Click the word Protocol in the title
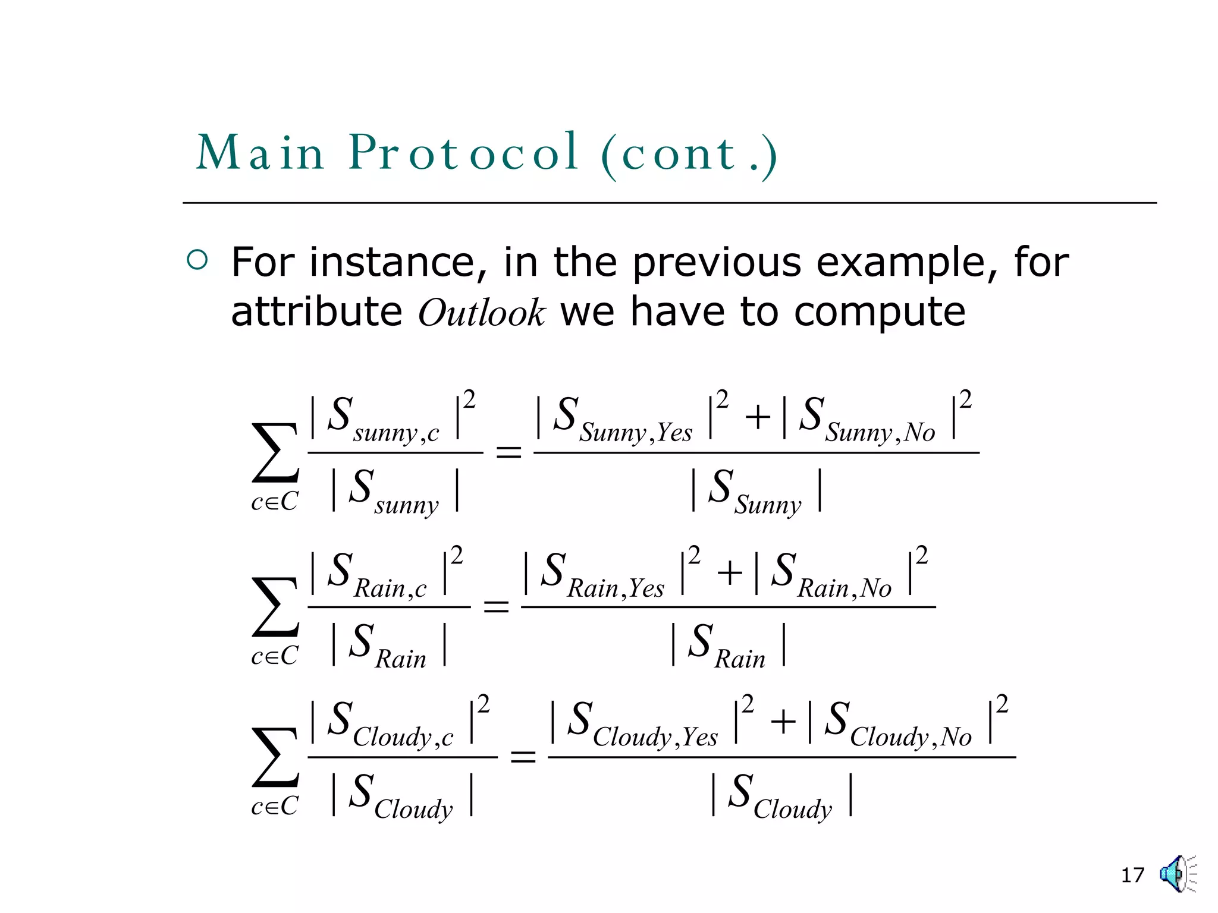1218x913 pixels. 463,153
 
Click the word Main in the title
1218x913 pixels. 260,153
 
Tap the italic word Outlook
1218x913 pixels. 481,313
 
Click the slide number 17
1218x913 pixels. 1132,875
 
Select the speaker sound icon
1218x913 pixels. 1176,874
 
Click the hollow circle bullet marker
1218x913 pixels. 197,260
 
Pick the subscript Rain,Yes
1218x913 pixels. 616,588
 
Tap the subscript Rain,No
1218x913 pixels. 845,588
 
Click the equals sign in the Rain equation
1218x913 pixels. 496,607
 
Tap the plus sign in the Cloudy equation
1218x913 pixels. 783,722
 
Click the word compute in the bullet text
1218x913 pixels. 880,311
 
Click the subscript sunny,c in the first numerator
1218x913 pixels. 396,433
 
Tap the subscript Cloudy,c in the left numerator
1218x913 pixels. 403,738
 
